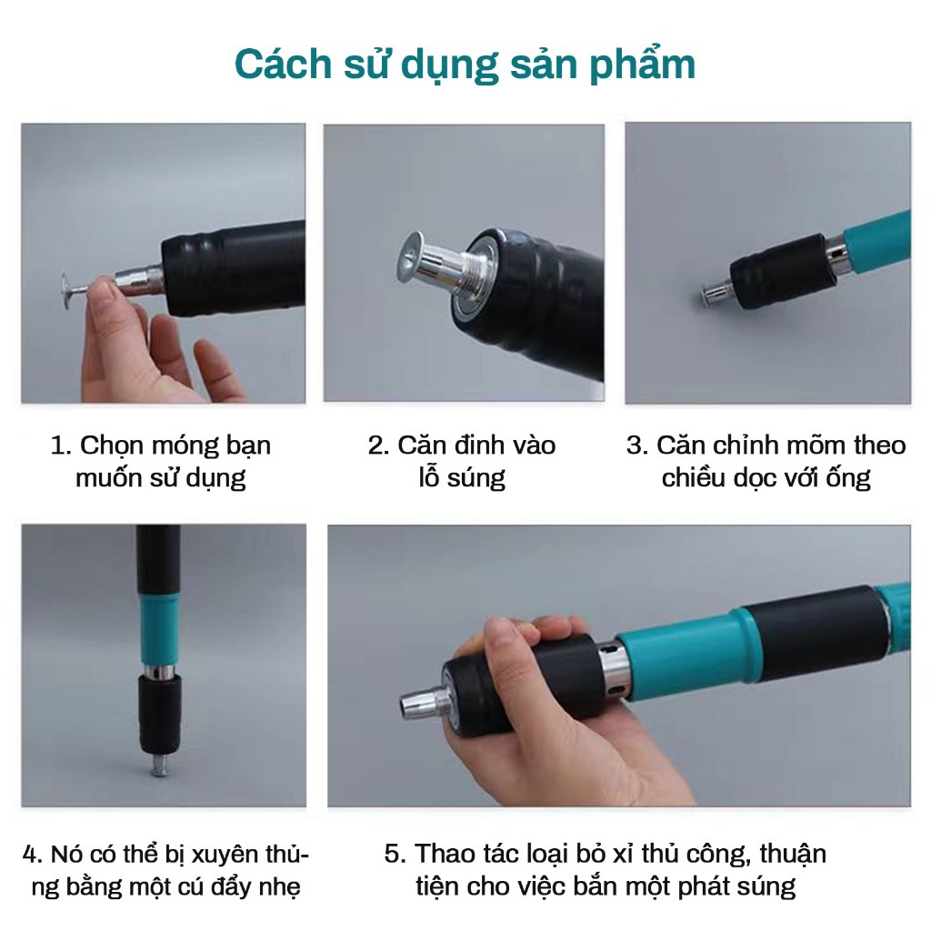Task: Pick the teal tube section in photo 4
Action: pos(159,627)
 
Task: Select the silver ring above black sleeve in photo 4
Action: pos(158,672)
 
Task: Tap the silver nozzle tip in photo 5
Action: pos(420,703)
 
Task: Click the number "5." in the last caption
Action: pos(395,854)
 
